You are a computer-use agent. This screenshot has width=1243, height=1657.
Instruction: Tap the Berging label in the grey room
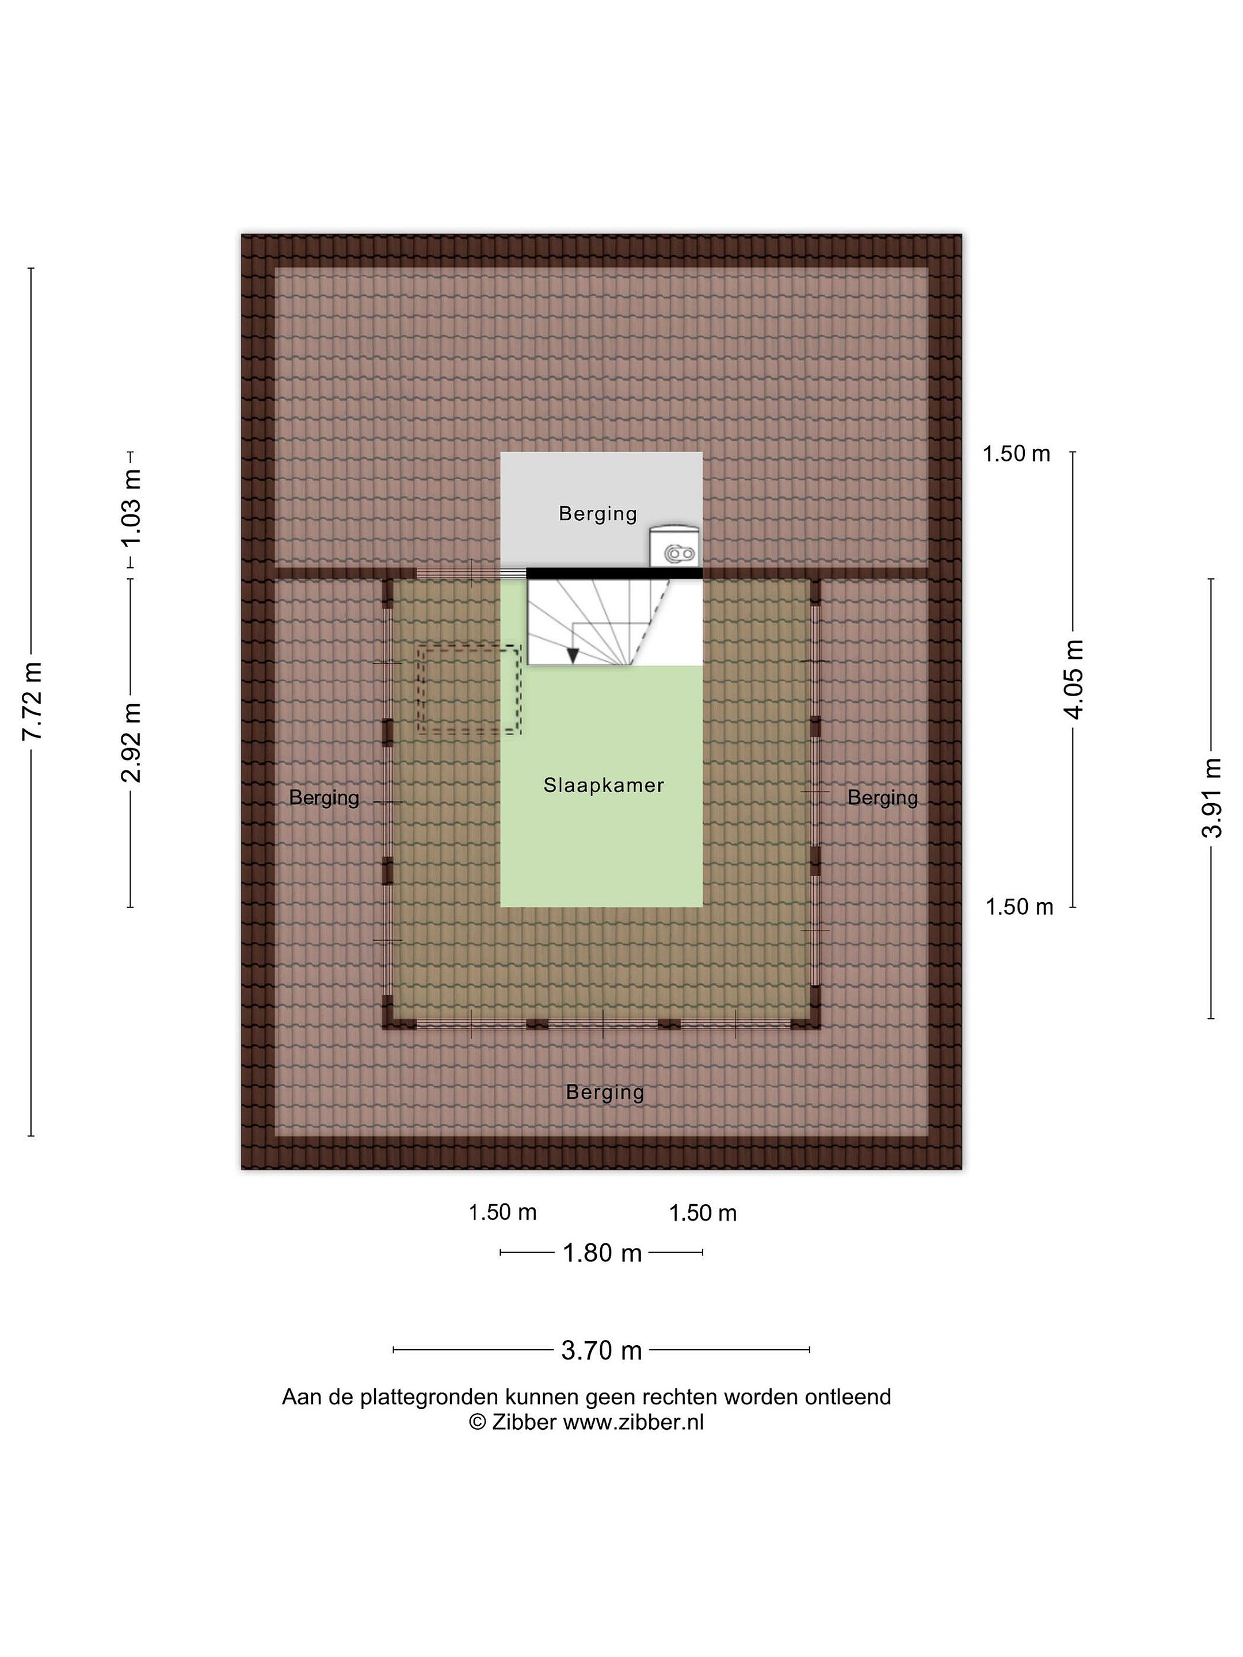click(x=597, y=514)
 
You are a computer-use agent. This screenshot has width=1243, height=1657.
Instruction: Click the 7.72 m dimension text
click(x=32, y=701)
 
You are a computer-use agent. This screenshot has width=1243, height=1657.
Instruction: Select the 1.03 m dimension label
click(x=132, y=508)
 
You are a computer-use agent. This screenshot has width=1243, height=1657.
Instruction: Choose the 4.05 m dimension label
click(x=1074, y=679)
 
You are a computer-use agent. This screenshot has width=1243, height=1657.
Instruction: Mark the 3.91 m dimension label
click(x=1211, y=798)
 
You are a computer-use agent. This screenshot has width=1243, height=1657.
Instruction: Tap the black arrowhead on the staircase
click(x=573, y=655)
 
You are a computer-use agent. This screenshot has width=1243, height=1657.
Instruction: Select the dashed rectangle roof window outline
click(x=469, y=689)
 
